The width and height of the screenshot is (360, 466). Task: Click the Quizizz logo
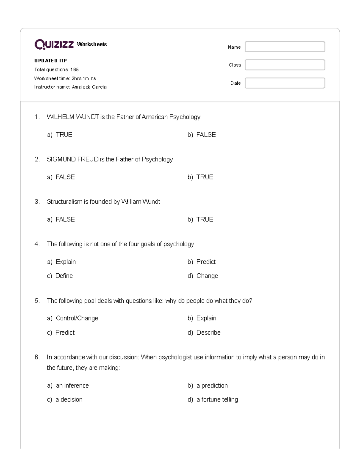(x=54, y=44)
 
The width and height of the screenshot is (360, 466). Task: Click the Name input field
(x=285, y=47)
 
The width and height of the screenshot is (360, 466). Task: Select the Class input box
(x=285, y=65)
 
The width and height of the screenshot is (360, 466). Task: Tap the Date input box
(x=285, y=83)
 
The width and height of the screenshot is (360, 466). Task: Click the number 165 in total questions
(x=74, y=70)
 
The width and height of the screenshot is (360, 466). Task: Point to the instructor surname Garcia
(x=99, y=87)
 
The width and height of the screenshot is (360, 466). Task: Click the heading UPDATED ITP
(x=50, y=61)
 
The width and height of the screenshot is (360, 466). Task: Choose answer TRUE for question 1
(x=64, y=135)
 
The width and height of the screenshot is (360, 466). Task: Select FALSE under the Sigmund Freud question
(x=65, y=177)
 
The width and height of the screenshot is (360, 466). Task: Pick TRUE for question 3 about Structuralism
(x=205, y=219)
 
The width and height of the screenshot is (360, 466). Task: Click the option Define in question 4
(x=64, y=276)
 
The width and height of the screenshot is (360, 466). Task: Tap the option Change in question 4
(x=207, y=276)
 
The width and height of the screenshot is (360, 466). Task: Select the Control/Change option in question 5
(x=77, y=318)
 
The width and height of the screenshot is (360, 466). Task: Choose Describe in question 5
(x=208, y=332)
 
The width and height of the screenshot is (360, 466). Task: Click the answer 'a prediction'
(x=212, y=386)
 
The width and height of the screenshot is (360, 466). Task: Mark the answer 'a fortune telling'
(x=217, y=400)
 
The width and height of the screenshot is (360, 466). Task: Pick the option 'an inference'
(x=72, y=386)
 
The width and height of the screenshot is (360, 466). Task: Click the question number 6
(x=37, y=357)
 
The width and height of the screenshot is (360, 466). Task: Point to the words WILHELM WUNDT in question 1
(x=73, y=117)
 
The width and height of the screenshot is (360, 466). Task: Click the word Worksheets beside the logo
(x=92, y=44)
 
